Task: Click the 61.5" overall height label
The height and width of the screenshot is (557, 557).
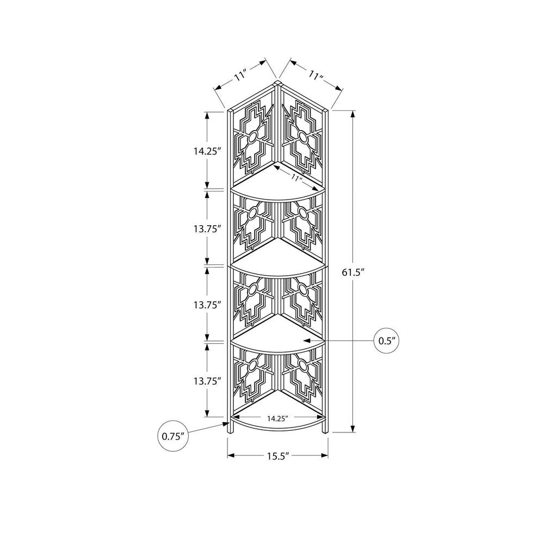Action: point(354,273)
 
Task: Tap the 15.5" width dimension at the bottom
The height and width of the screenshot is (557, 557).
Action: point(277,456)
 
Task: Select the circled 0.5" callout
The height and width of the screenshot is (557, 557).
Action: point(387,341)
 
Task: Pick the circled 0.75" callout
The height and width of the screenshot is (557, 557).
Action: point(172,436)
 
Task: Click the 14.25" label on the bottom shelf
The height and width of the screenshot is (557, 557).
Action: point(277,418)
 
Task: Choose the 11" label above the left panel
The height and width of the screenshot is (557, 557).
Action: point(240,76)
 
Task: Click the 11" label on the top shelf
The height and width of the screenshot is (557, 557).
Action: point(295,178)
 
